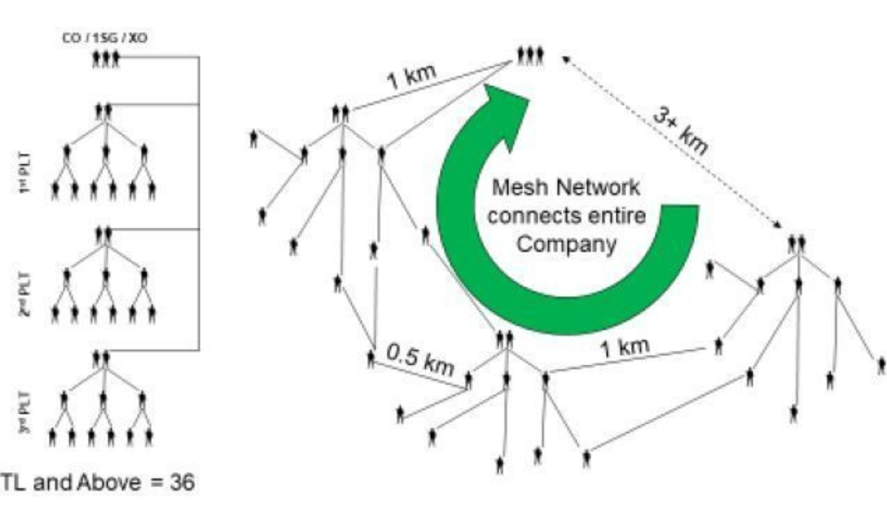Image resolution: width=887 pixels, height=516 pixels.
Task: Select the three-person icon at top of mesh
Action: coord(531,56)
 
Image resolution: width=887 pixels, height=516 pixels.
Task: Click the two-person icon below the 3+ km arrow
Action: coord(796,242)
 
